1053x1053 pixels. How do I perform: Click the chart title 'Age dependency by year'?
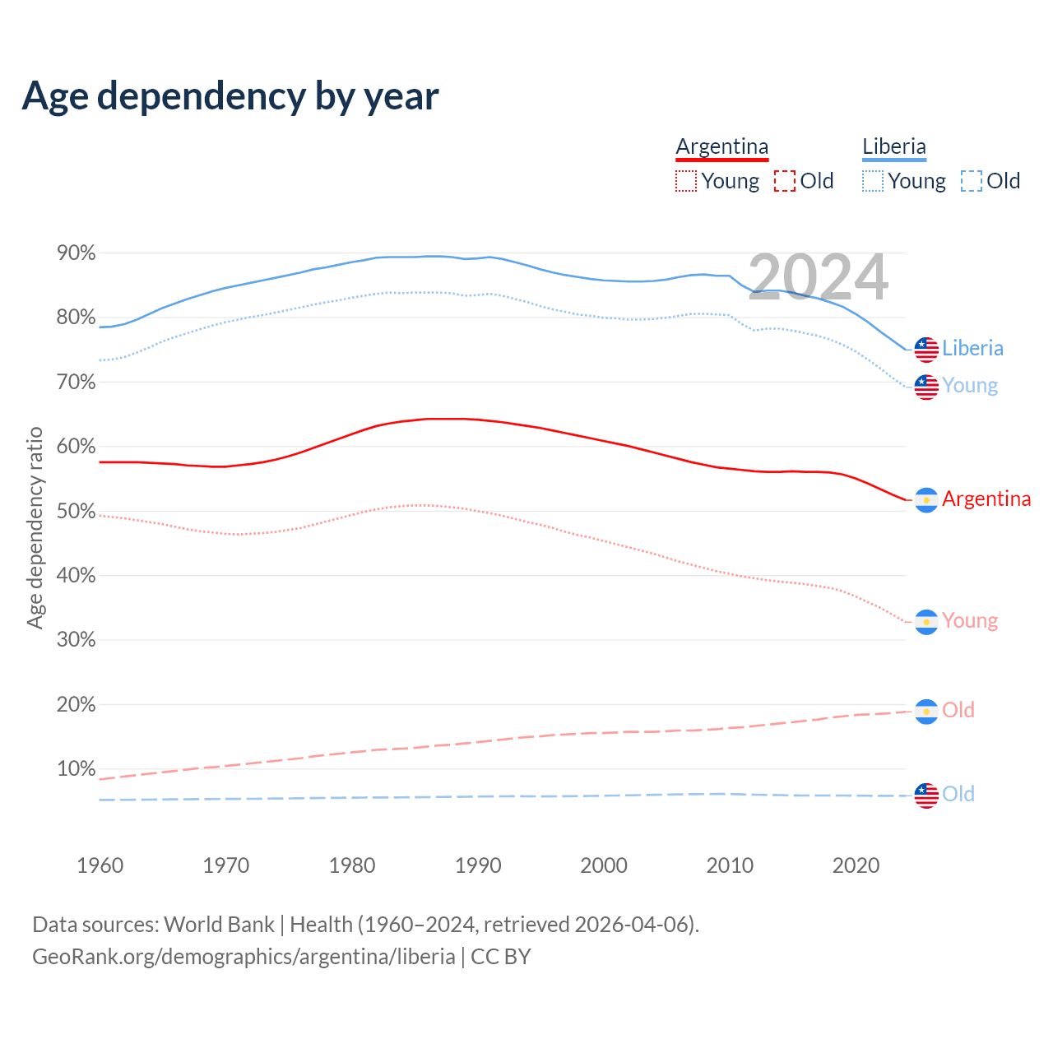(230, 96)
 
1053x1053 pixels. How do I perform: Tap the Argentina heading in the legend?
(721, 147)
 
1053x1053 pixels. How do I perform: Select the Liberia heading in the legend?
(893, 147)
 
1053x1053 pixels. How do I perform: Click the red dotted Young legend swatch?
(685, 181)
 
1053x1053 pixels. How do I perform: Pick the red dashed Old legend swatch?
(785, 181)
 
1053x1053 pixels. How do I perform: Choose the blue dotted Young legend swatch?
(873, 181)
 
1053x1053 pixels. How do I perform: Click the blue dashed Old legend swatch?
(972, 181)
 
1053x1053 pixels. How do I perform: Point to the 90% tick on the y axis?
(77, 253)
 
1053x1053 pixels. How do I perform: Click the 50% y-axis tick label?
(77, 512)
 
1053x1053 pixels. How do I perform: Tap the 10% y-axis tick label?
(77, 769)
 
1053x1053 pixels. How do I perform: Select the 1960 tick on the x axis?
(100, 865)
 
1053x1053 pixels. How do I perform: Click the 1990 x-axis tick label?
(478, 865)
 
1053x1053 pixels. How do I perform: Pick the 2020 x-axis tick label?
(856, 865)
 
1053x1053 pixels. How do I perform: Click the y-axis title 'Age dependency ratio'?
(35, 527)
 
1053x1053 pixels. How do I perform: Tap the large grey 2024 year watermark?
(818, 277)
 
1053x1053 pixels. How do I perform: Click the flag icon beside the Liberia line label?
(926, 349)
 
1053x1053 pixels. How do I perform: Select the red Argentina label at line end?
(986, 499)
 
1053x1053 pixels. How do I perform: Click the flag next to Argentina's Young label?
(926, 622)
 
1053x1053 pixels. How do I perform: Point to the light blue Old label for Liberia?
(958, 794)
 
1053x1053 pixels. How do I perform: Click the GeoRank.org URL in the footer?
(244, 957)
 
